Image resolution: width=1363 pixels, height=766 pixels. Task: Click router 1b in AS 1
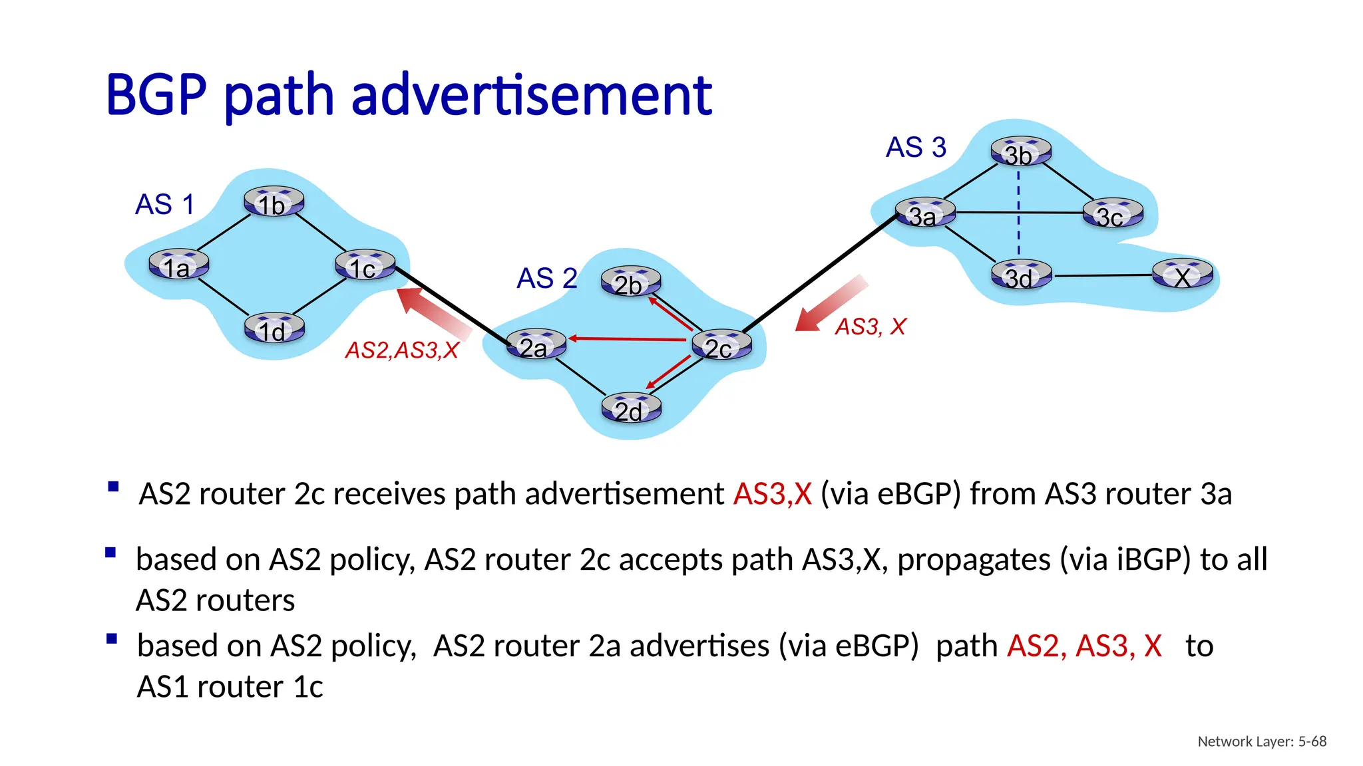point(274,201)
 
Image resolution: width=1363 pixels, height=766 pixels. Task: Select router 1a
point(178,265)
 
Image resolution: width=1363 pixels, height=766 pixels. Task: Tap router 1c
point(365,265)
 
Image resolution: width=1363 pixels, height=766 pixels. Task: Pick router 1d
point(274,328)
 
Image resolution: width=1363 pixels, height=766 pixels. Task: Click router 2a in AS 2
point(536,344)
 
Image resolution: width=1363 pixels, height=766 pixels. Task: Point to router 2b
point(630,282)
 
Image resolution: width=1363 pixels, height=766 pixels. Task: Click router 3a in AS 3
point(925,213)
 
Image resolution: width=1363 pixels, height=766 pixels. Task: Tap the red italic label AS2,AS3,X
point(402,350)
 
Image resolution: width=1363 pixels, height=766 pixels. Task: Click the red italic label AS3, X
point(870,326)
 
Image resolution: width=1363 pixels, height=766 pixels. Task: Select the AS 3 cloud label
point(915,147)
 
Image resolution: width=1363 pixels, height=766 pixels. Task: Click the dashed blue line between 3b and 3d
point(1019,213)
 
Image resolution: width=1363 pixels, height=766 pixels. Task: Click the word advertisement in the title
point(531,96)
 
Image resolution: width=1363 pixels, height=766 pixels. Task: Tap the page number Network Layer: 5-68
point(1261,741)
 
